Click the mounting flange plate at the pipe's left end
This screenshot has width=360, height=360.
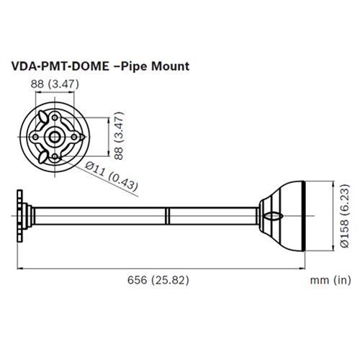pos(22,215)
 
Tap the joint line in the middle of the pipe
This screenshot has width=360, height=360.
pos(167,215)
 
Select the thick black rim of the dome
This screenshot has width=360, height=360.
pos(305,215)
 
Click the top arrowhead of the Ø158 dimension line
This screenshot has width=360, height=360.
pos(333,181)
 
